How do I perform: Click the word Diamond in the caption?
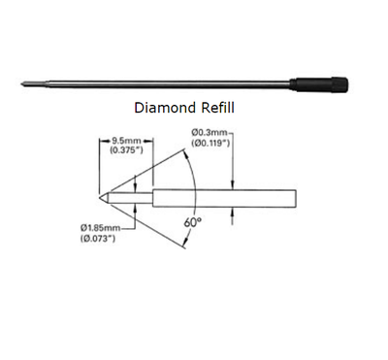pos(165,108)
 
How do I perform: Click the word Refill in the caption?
pos(217,108)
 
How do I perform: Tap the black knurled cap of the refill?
pos(319,84)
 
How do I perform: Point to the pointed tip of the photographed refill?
pos(21,84)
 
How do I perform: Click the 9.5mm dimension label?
pos(126,142)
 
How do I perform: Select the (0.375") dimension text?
pos(126,150)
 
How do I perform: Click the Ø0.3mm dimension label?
pos(210,132)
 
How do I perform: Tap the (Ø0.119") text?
pos(210,143)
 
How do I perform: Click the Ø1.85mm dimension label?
pos(101,228)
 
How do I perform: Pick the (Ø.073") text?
pos(98,239)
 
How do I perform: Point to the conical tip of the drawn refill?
pos(104,197)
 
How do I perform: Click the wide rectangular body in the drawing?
pos(224,199)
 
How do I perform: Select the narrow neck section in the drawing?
pos(131,198)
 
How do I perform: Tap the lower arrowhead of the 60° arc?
pos(185,242)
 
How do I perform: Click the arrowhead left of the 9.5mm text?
pos(104,141)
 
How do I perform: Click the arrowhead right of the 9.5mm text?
pos(148,141)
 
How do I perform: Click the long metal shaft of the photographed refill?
pos(168,84)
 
